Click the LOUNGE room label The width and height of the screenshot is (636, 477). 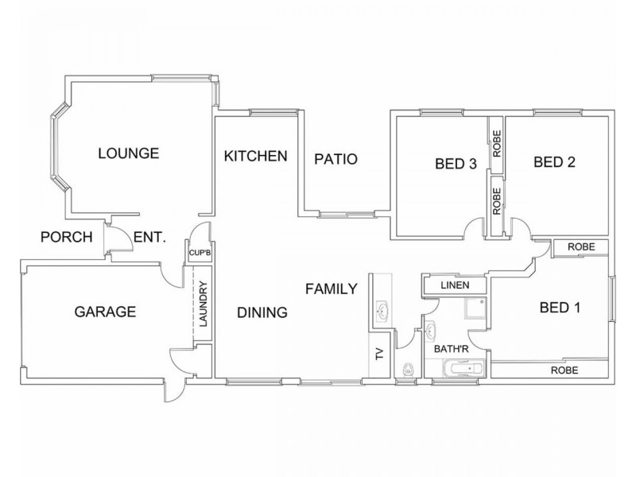(x=129, y=153)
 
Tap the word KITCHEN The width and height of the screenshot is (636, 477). (x=254, y=156)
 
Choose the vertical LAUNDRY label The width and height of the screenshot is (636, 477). (x=203, y=307)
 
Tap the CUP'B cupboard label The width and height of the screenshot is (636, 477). (x=198, y=254)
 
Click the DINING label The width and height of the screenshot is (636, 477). (x=262, y=312)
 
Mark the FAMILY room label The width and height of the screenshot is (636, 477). (x=331, y=289)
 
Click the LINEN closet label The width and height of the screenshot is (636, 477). (x=456, y=285)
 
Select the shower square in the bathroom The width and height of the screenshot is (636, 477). (x=475, y=309)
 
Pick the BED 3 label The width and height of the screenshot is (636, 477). (x=456, y=165)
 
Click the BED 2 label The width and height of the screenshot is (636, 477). (x=554, y=162)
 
